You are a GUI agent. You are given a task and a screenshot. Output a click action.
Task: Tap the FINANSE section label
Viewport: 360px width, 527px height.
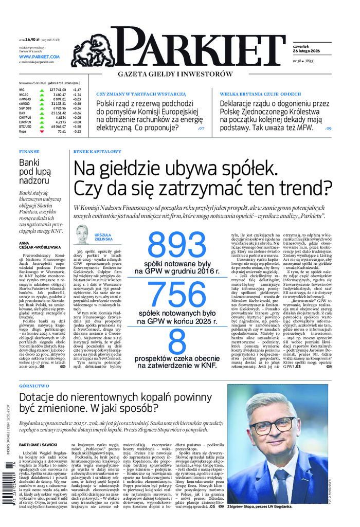[29, 152]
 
